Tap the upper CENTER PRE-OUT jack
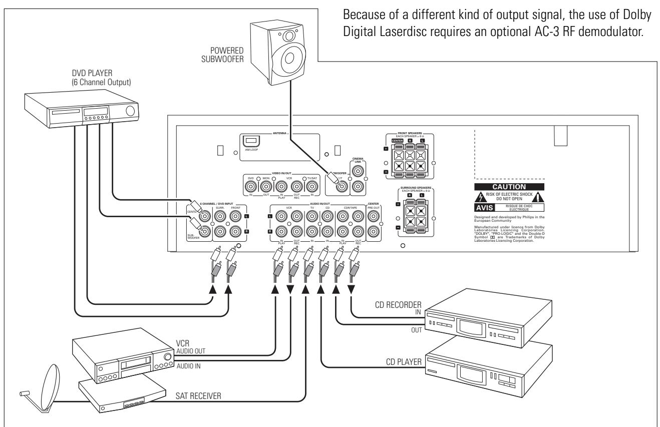[373, 216]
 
